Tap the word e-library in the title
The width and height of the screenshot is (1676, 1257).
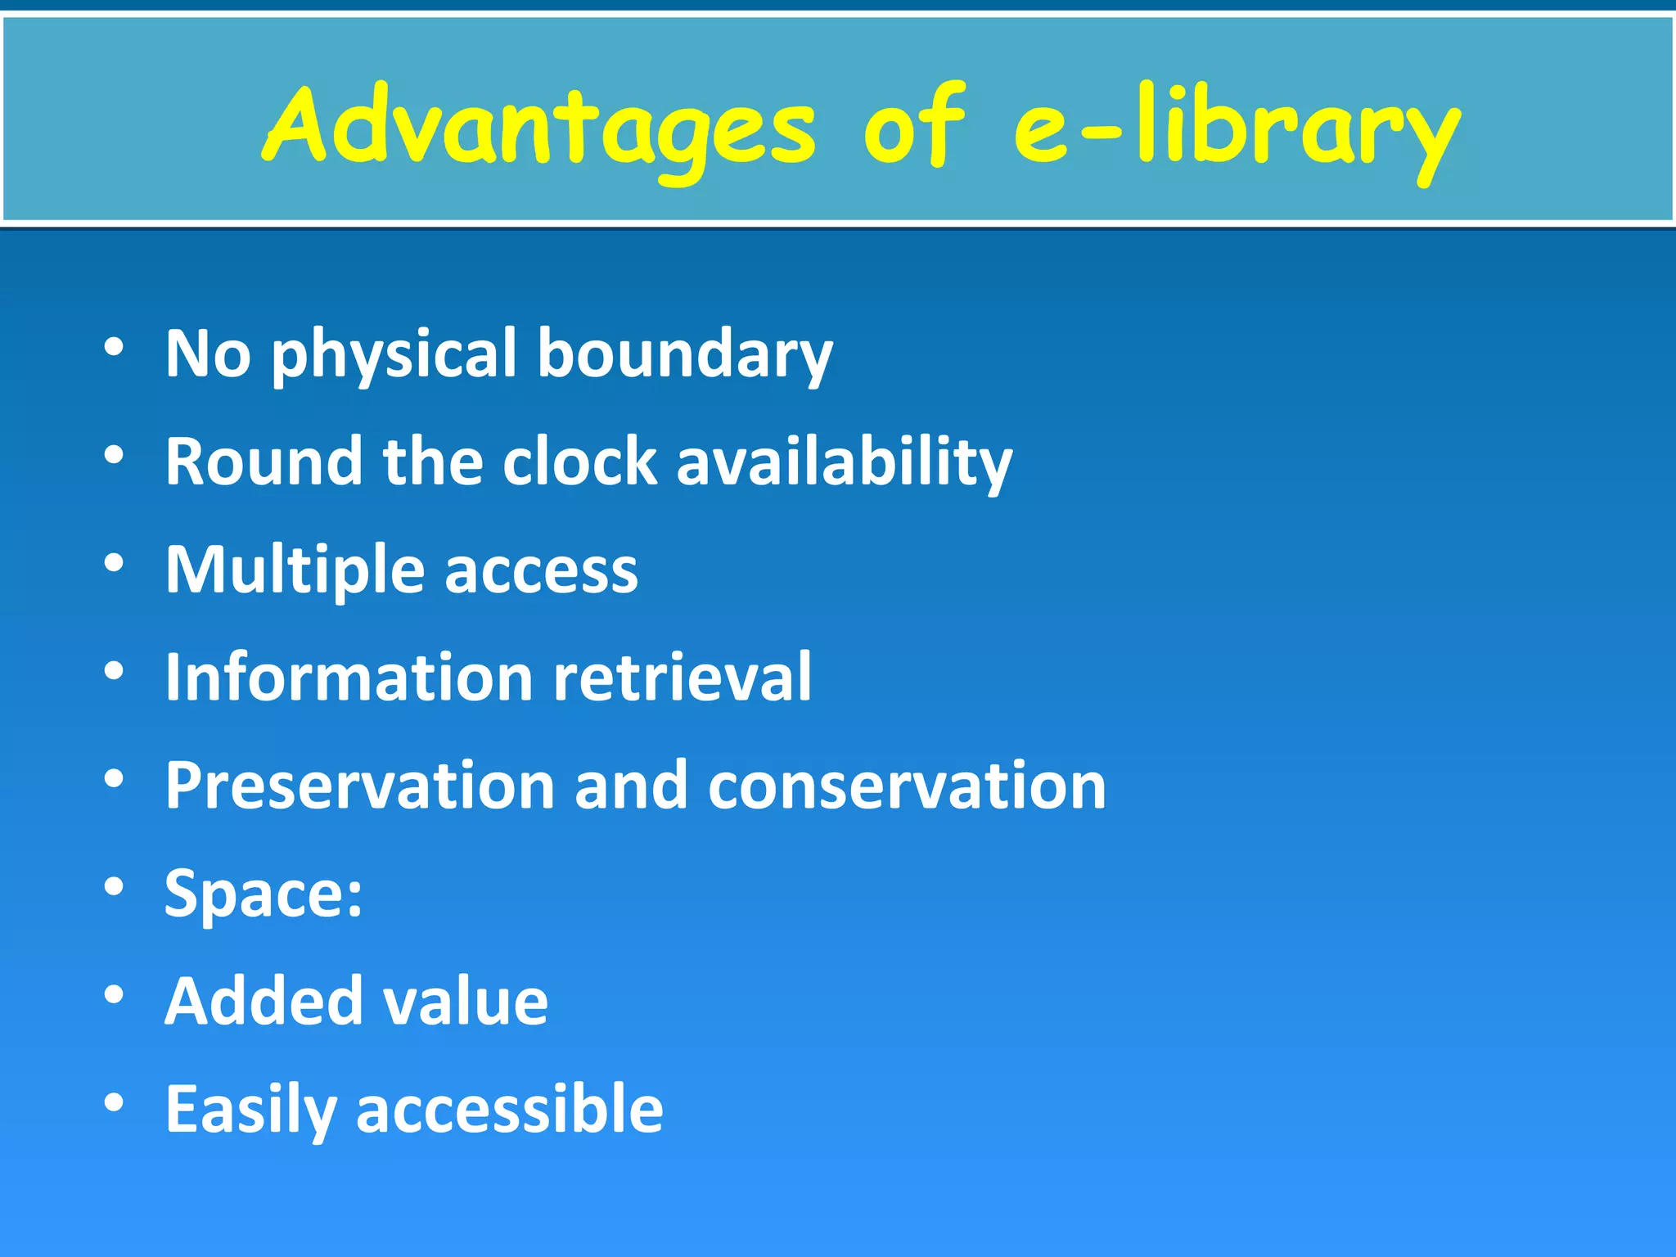1236,131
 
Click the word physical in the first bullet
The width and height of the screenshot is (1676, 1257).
394,356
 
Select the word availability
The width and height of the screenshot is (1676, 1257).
845,462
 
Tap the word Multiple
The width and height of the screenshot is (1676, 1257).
295,571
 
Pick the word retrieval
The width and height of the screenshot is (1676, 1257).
683,678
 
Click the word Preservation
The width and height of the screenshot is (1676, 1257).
360,786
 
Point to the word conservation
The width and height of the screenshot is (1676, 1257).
907,786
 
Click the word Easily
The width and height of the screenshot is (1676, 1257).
250,1111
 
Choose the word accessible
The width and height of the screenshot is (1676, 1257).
509,1110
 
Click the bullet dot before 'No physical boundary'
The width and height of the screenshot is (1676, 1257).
114,347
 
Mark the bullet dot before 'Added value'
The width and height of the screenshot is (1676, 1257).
114,994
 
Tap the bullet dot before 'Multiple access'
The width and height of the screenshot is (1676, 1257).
114,563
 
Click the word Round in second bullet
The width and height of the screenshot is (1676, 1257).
264,462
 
